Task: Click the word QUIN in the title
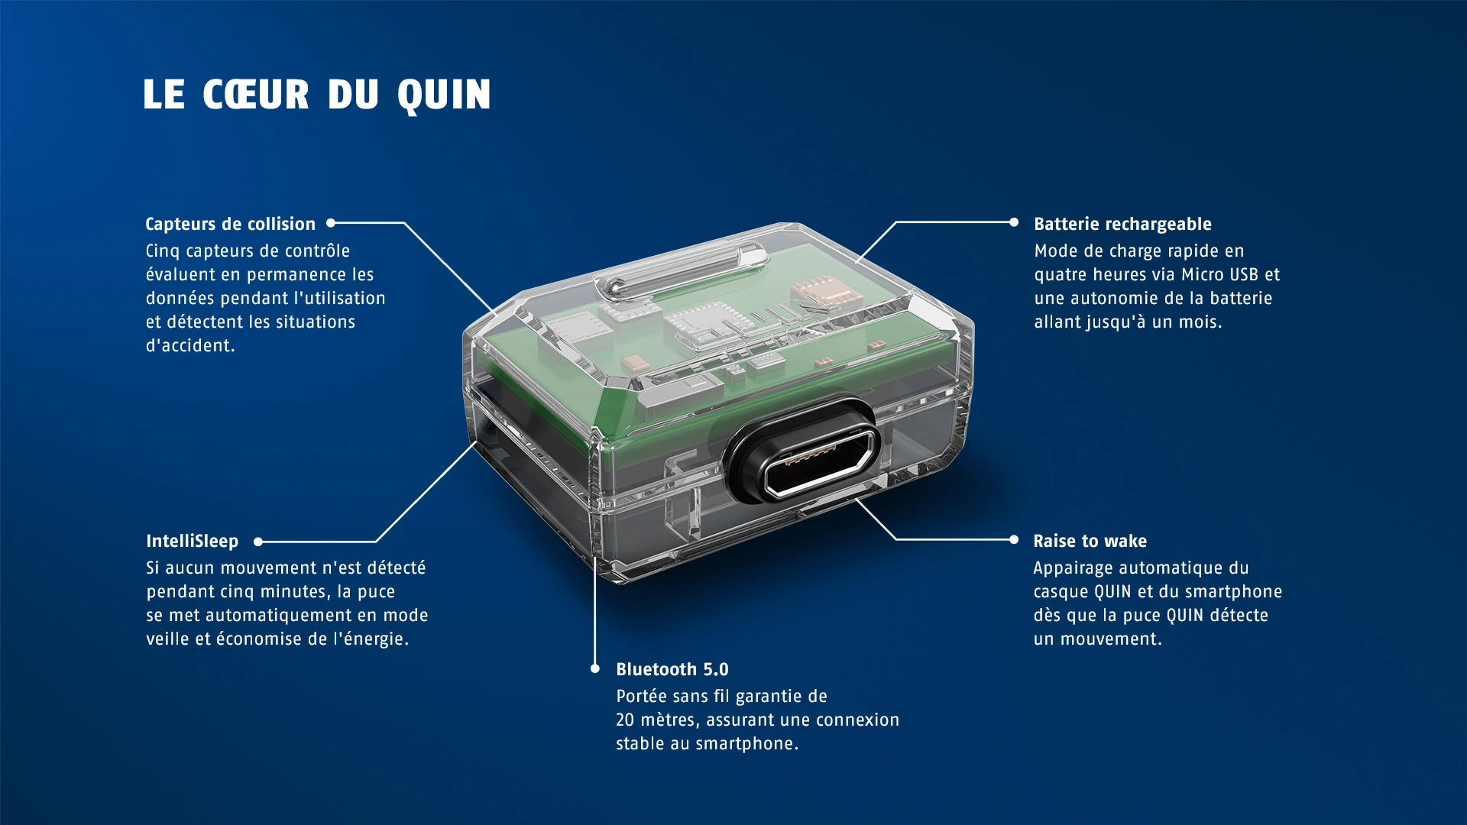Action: click(444, 95)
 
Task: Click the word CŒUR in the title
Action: click(256, 95)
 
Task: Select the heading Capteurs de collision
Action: click(231, 224)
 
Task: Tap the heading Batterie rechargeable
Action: click(1122, 224)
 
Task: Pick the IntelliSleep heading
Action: click(193, 541)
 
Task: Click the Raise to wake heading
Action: click(1090, 541)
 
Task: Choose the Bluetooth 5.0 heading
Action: click(672, 669)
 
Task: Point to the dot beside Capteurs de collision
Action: click(331, 223)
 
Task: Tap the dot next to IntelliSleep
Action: click(258, 542)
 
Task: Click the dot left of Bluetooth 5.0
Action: click(595, 668)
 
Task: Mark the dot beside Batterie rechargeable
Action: click(1014, 222)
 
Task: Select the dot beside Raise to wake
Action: click(1014, 539)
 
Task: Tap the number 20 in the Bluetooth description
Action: click(625, 720)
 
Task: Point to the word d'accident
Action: click(190, 345)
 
